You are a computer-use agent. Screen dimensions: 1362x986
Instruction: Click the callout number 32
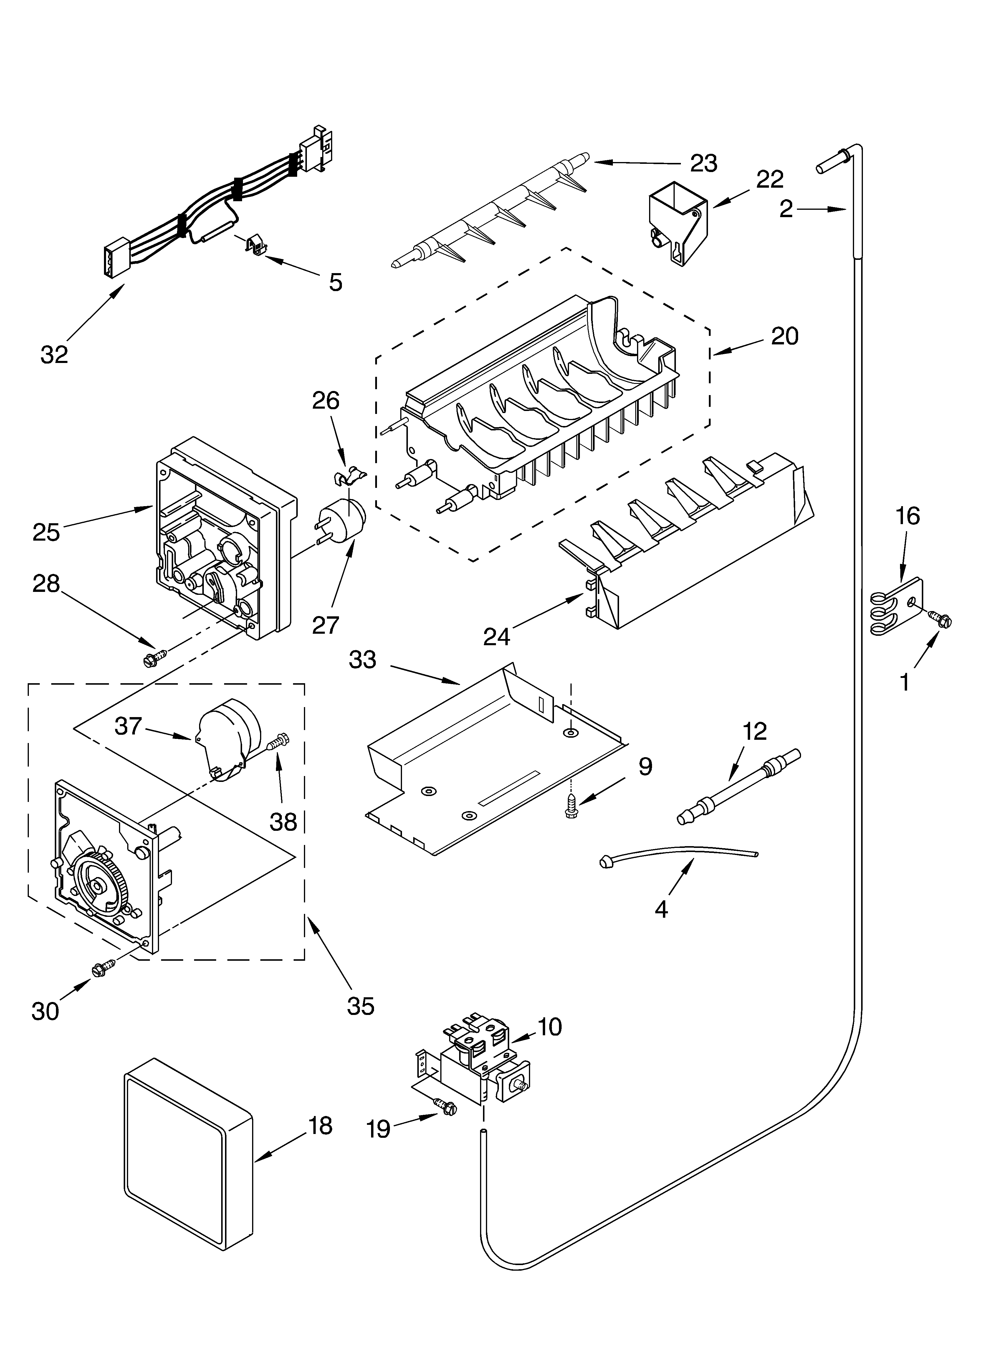tap(54, 355)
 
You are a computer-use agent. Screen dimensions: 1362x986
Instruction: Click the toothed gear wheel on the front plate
tap(99, 883)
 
